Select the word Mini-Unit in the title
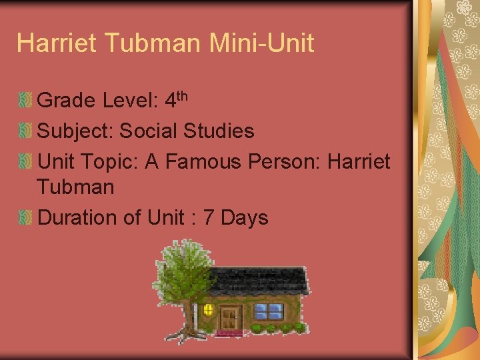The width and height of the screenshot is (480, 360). point(261,43)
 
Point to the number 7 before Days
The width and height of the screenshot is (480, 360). point(211,217)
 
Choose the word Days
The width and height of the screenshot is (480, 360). point(244,217)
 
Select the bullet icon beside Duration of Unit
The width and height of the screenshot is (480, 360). point(25,218)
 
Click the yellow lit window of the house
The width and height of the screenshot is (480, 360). point(208,309)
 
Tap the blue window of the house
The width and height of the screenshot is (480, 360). point(269,311)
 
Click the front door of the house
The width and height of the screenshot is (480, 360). point(231,317)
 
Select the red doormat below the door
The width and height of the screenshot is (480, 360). point(229,332)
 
